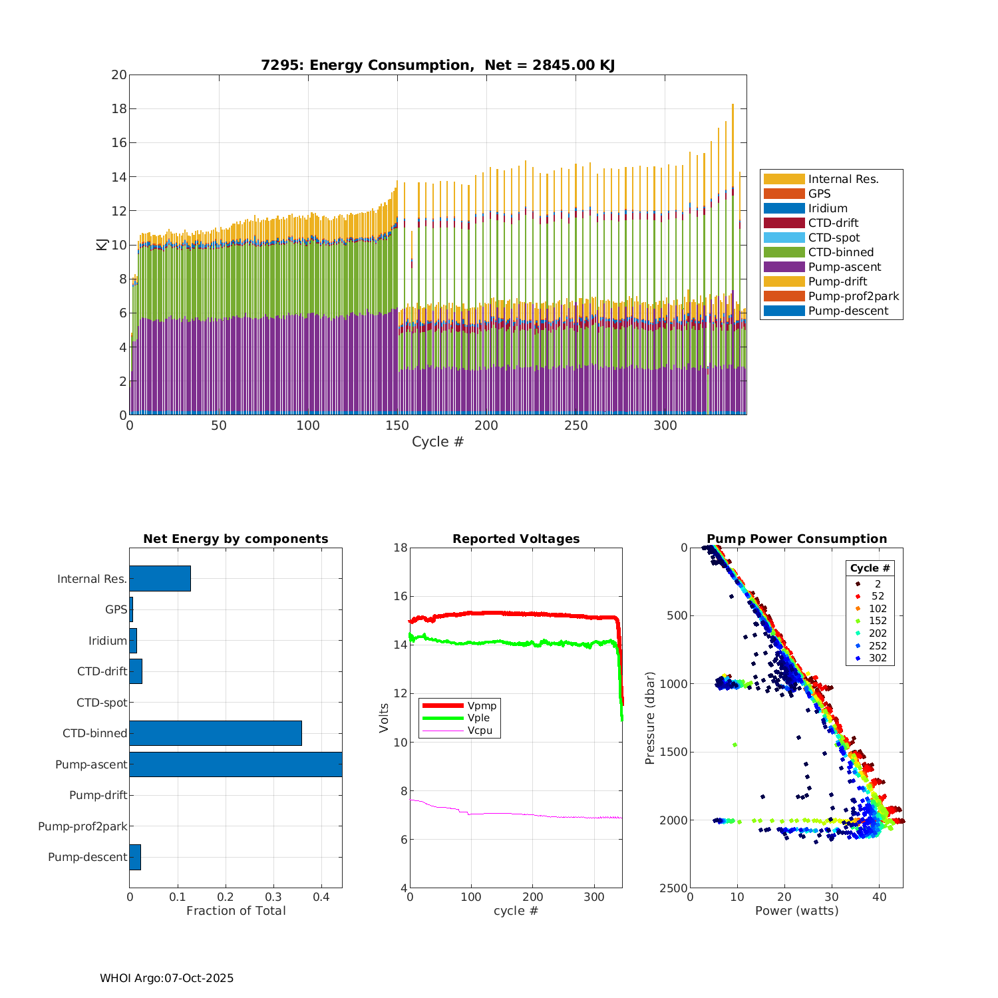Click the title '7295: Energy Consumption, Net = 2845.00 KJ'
tap(437, 65)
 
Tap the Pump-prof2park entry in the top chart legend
tap(853, 296)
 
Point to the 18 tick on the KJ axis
tap(119, 108)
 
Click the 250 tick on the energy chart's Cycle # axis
tap(576, 426)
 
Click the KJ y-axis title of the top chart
tap(102, 244)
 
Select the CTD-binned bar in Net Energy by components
tap(216, 733)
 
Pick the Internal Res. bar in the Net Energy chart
tap(160, 578)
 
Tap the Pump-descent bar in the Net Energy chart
tap(135, 857)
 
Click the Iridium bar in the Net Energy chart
tap(133, 641)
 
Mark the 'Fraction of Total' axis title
tap(236, 910)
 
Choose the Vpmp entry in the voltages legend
tap(482, 705)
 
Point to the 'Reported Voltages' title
tap(516, 539)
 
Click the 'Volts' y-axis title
tap(384, 718)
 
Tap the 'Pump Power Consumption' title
tap(796, 539)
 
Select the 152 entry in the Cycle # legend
tap(878, 621)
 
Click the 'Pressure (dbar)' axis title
tap(650, 718)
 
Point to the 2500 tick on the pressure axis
tap(674, 888)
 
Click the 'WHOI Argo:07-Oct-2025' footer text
tap(166, 978)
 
